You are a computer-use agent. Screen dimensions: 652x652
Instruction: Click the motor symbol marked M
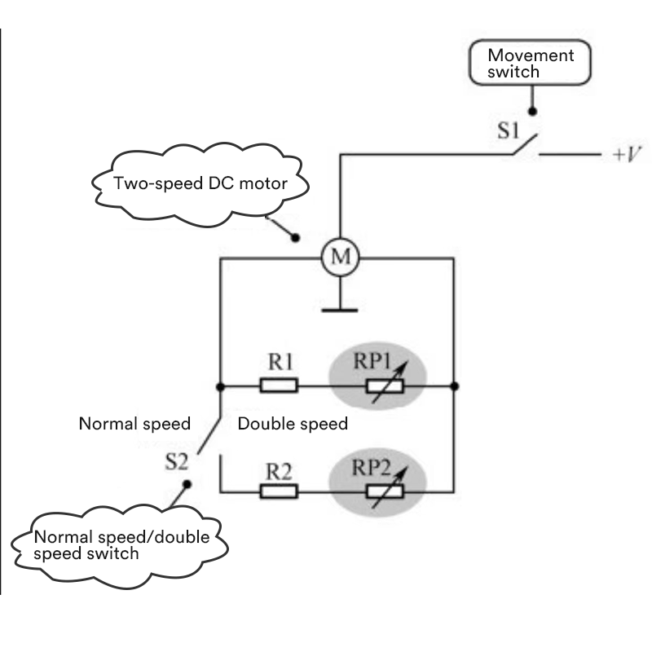point(337,258)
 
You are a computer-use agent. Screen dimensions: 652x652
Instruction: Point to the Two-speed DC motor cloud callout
point(200,184)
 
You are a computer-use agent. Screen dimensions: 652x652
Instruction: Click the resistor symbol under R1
point(279,385)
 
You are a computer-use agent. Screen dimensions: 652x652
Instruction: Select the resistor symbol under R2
point(279,491)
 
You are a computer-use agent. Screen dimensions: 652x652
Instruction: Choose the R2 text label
point(279,469)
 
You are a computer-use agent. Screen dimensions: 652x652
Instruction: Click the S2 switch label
point(177,462)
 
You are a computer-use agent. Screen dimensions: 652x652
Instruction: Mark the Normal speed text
point(134,424)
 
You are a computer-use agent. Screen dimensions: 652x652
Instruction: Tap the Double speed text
point(293,424)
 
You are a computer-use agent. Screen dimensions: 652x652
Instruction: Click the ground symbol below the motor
point(337,308)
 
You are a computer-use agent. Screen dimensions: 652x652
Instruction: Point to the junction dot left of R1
point(221,385)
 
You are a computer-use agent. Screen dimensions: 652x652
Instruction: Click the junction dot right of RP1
point(453,385)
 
